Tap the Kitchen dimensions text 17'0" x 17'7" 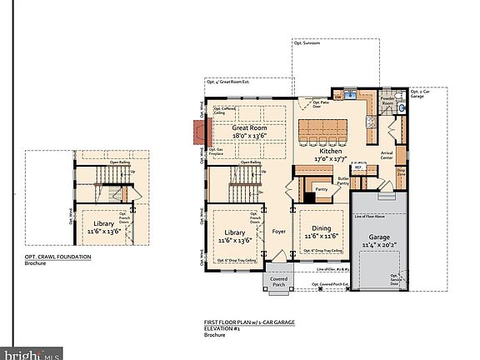click(x=329, y=157)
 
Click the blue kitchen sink click(x=351, y=92)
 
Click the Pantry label click(x=320, y=190)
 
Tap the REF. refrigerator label click(x=357, y=167)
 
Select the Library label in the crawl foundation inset click(x=103, y=223)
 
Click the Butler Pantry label click(x=342, y=182)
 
